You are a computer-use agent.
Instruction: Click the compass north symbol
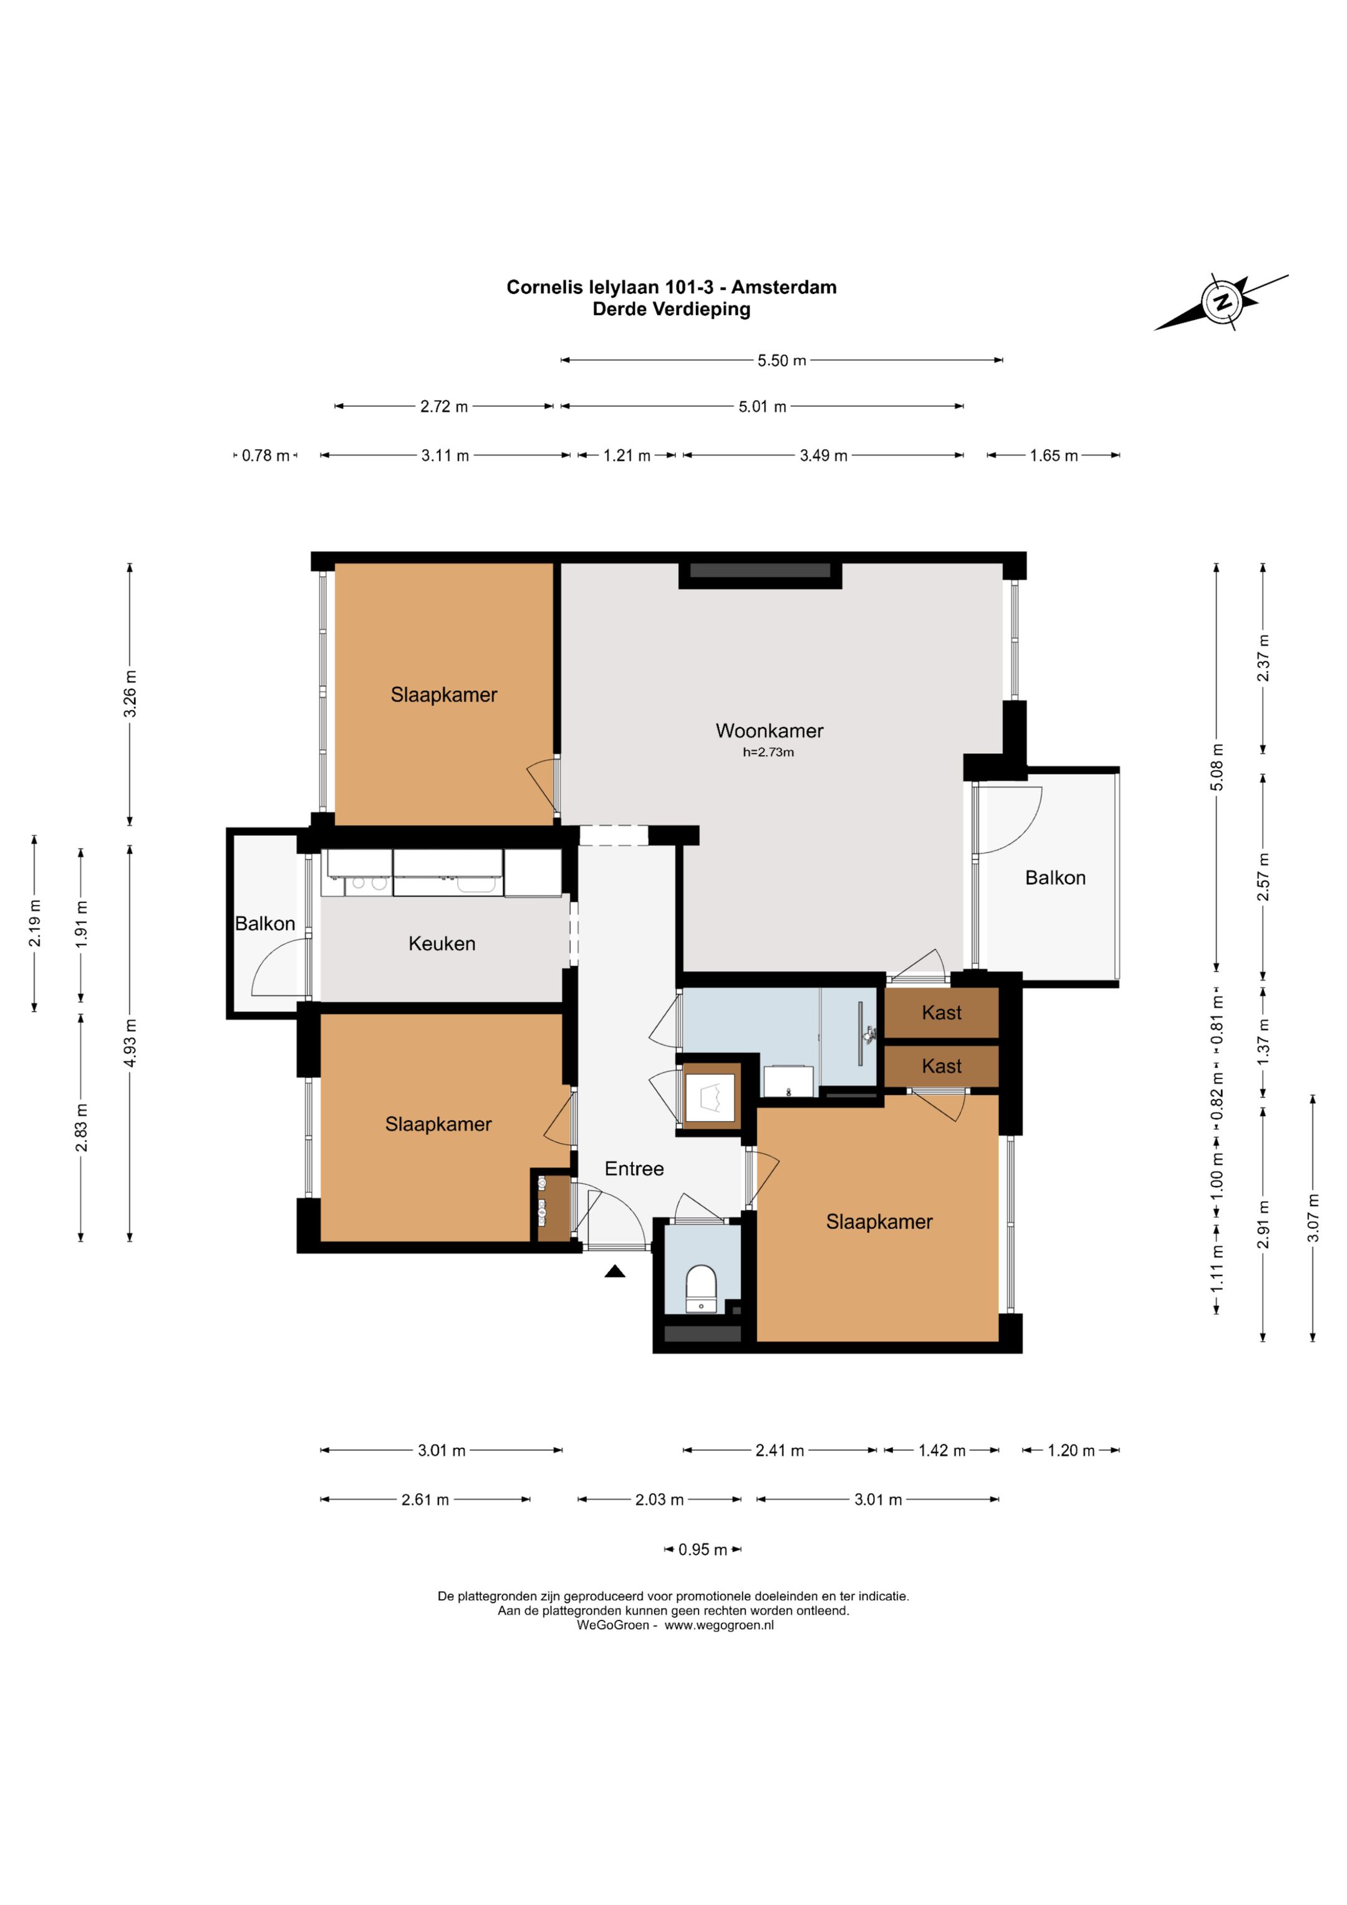(x=1222, y=301)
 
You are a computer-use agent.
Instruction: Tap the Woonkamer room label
(x=769, y=731)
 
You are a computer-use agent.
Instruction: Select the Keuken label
(x=442, y=943)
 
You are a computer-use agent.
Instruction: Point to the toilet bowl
(x=701, y=1289)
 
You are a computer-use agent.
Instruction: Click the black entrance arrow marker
(x=615, y=1271)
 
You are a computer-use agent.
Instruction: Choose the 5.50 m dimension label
(x=781, y=361)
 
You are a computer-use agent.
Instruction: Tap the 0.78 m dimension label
(x=266, y=456)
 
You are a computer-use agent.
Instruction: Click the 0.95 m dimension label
(x=703, y=1550)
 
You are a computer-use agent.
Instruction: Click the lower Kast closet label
(x=942, y=1066)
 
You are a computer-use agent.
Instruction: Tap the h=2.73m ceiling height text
(x=768, y=753)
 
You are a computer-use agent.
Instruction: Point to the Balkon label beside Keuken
(x=264, y=923)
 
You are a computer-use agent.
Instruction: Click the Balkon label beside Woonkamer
(x=1055, y=878)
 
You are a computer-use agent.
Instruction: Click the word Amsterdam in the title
(x=784, y=287)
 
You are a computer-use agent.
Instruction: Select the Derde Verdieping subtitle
(x=671, y=309)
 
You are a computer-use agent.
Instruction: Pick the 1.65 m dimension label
(x=1053, y=456)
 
